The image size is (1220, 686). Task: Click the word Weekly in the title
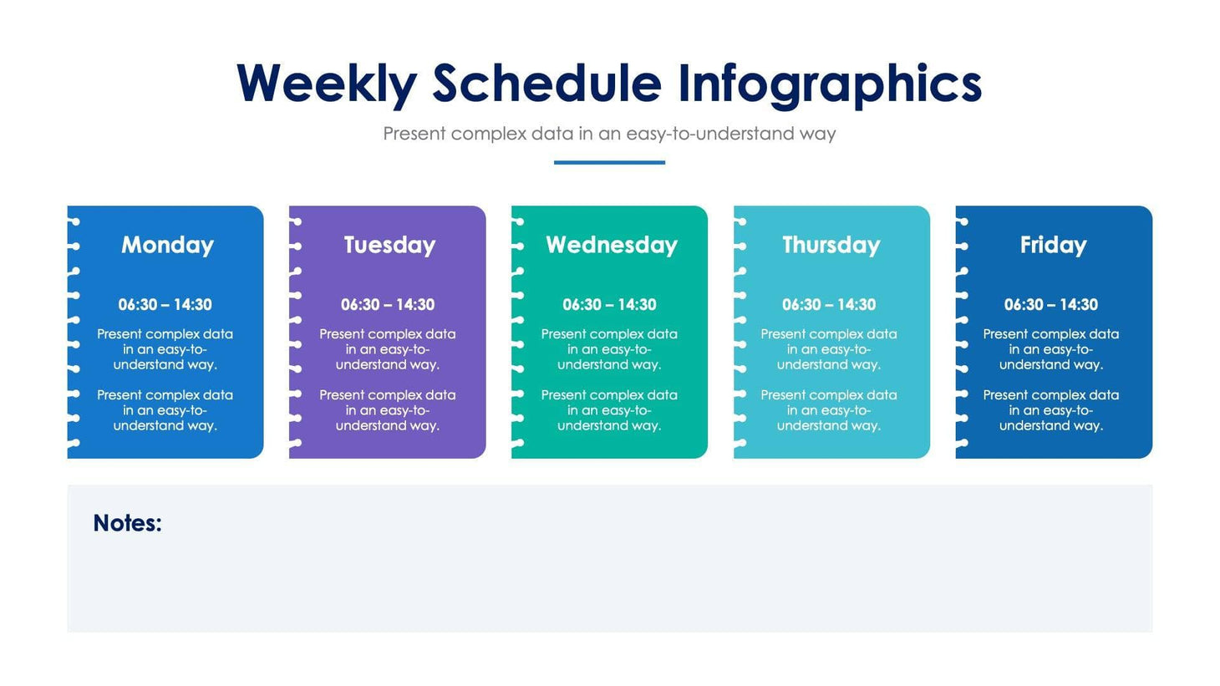point(326,84)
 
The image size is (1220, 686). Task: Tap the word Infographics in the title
point(829,84)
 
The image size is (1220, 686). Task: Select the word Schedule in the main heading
point(546,84)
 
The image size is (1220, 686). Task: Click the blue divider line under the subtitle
point(609,162)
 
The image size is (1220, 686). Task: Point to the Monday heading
point(167,245)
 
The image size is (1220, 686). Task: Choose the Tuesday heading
point(389,245)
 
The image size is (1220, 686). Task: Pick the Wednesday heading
point(611,245)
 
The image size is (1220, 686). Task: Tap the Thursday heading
point(831,245)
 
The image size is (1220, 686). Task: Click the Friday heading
point(1053,245)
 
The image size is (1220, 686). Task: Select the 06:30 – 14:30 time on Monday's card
point(165,305)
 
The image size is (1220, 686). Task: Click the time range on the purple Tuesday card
point(387,305)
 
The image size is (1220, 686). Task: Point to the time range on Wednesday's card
point(609,305)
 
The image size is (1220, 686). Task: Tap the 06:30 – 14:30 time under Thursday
point(829,305)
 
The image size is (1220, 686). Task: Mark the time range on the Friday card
point(1050,305)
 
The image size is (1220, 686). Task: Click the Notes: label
point(127,523)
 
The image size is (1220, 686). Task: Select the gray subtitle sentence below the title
point(609,134)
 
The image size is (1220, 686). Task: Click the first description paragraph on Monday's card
point(165,349)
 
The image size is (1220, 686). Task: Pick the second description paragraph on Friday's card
point(1050,410)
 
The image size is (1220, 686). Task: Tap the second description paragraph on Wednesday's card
point(609,410)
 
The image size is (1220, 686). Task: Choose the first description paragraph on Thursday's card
point(829,349)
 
